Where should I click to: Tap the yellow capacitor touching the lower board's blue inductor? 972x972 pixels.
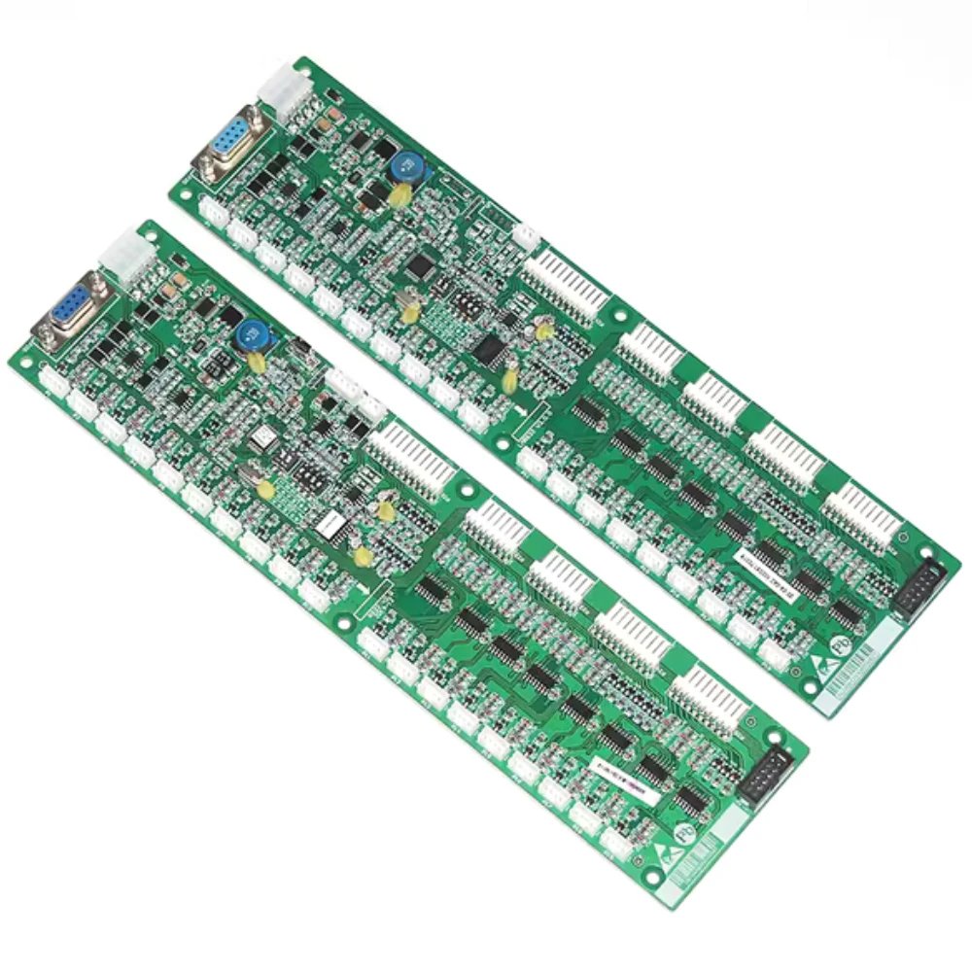(258, 362)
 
